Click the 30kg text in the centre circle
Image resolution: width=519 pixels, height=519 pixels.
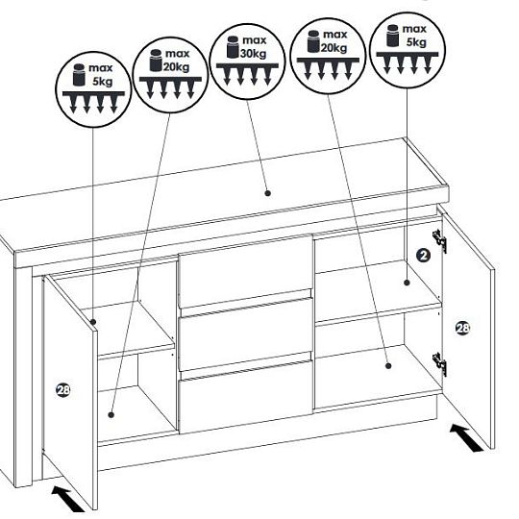[253, 53]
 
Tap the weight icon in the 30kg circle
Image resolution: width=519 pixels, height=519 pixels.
[233, 47]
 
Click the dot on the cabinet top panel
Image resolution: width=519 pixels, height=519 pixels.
[268, 193]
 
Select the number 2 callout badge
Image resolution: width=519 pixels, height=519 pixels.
[423, 256]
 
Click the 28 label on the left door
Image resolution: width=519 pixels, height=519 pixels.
[62, 390]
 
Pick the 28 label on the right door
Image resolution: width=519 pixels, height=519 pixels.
[462, 328]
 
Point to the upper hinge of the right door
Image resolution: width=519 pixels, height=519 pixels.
[439, 240]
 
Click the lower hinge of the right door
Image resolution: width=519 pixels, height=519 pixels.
[439, 363]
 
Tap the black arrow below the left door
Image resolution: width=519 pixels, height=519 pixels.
[68, 499]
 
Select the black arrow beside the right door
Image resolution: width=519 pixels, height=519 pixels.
[466, 438]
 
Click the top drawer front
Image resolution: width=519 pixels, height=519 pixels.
[245, 271]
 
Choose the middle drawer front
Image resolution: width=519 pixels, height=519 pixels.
[245, 334]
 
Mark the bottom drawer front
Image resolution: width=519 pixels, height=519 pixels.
[245, 397]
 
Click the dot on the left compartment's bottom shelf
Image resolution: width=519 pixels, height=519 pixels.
[111, 414]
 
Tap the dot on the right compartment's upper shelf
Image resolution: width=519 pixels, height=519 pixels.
[408, 283]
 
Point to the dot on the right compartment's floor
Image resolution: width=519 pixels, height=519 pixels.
[388, 366]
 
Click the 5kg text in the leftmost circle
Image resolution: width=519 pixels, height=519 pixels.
[102, 82]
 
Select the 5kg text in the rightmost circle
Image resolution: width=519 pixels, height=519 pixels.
[416, 42]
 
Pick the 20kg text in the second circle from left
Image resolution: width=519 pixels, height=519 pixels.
[177, 67]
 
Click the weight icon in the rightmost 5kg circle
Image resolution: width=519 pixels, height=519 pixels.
[393, 36]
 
